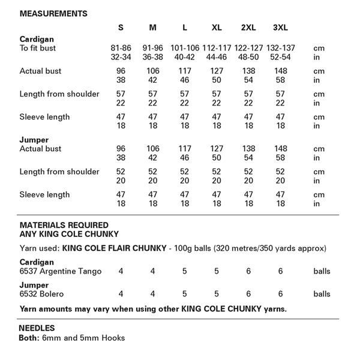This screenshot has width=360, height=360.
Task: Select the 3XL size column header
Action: (280, 28)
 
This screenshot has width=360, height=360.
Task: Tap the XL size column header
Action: (217, 28)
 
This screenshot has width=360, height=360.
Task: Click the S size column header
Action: (121, 28)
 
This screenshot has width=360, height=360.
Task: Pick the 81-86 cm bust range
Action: (121, 48)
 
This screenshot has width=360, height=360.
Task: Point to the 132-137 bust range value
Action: (280, 48)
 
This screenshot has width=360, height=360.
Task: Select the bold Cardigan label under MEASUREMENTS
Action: (37, 40)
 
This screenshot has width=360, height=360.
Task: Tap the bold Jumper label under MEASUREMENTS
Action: (34, 140)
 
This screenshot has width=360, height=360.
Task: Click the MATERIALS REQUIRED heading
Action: (64, 225)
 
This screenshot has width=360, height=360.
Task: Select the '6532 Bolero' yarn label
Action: (42, 294)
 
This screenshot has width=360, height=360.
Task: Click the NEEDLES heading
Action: (37, 328)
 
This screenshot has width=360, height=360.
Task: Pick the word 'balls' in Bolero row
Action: (322, 294)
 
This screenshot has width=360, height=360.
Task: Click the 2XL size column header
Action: (248, 28)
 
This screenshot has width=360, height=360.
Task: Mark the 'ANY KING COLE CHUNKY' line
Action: (69, 234)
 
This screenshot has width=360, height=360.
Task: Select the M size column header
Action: (152, 28)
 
